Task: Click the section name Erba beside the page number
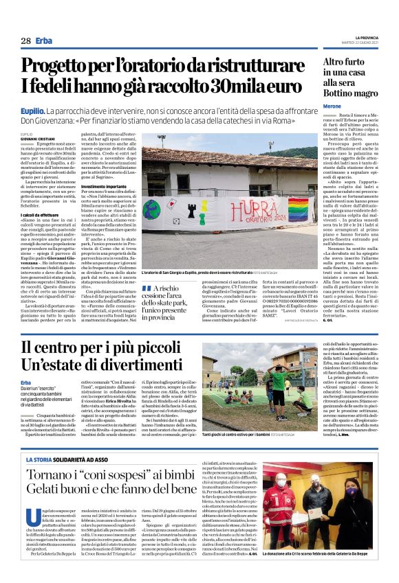[45, 41]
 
